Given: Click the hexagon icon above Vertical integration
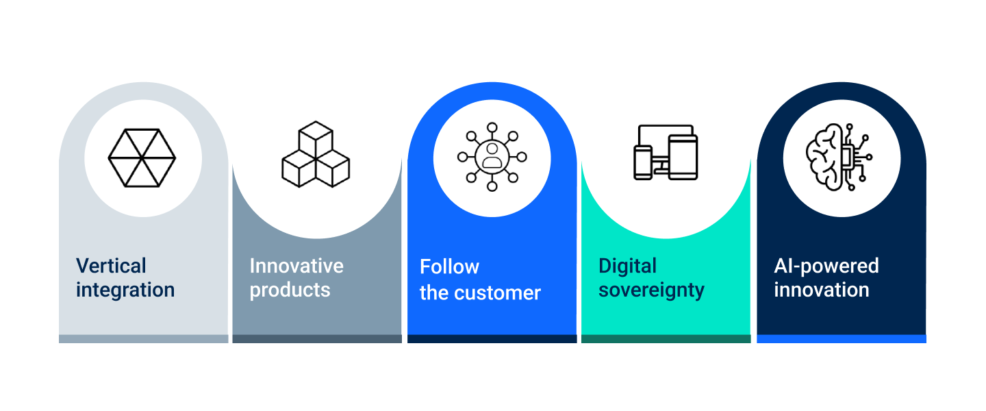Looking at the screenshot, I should tap(142, 158).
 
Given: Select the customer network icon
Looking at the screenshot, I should tap(492, 157).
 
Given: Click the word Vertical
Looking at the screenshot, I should tap(111, 266).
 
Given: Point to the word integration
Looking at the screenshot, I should tap(125, 290).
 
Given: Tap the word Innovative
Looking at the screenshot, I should tap(296, 266).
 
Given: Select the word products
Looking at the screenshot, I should tap(290, 290).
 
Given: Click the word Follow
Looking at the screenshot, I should tap(449, 266).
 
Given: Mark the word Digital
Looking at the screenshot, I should tap(628, 266).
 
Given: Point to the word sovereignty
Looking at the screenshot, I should tap(651, 290).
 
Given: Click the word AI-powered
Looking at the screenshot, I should tap(826, 266).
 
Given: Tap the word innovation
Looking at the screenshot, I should tap(822, 290).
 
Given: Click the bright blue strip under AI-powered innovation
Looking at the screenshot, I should tap(841, 338).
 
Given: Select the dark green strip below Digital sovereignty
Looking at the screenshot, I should tap(666, 338).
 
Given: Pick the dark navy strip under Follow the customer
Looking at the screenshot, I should tap(492, 338).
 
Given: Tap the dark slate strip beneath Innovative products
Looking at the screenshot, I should tap(317, 338).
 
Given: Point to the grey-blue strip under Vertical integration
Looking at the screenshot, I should tap(143, 338).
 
